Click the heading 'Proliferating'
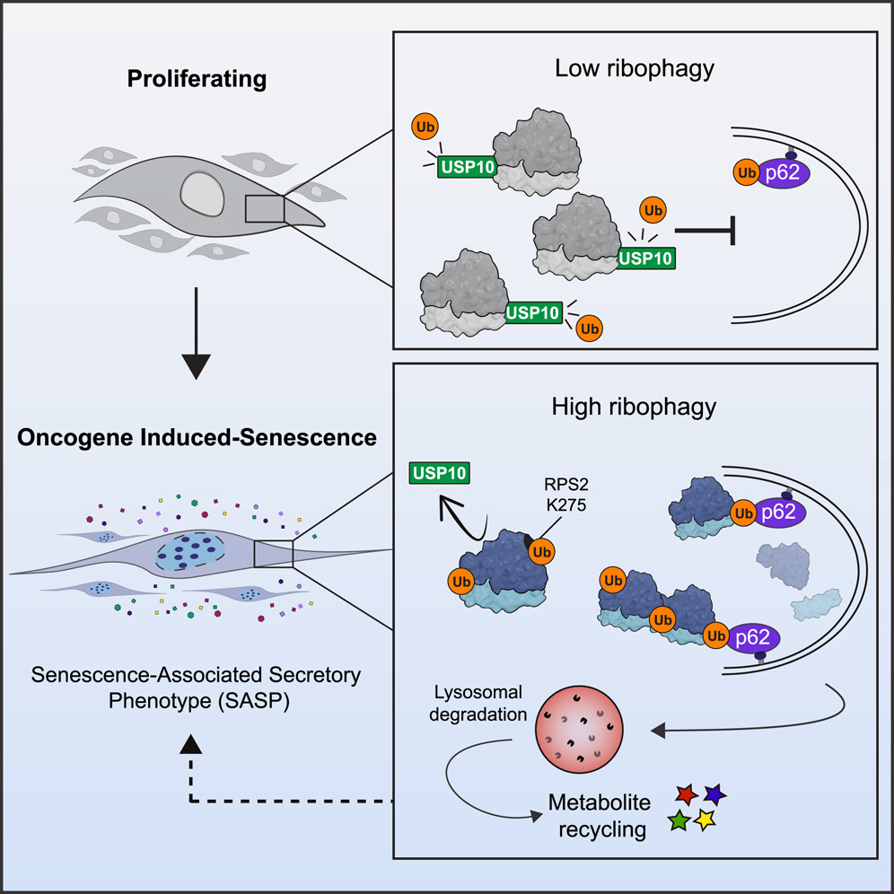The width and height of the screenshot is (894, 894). (197, 79)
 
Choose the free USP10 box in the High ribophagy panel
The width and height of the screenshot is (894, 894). (439, 473)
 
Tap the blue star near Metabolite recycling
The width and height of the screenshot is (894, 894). (714, 794)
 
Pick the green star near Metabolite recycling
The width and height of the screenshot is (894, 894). (679, 819)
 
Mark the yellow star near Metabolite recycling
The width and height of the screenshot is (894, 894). (706, 819)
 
